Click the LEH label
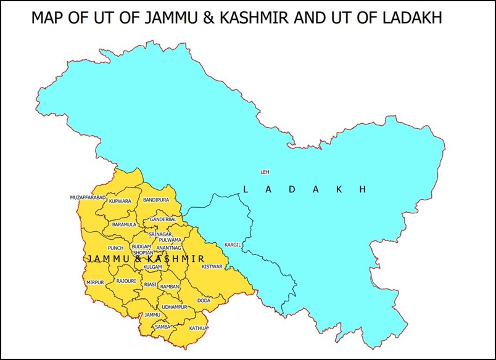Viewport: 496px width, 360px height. click(265, 171)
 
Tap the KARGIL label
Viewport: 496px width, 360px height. click(233, 245)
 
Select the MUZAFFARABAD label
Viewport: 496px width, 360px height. click(88, 198)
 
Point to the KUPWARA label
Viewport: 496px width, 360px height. click(120, 201)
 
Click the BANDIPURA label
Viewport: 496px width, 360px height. click(156, 200)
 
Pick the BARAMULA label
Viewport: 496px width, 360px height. click(125, 224)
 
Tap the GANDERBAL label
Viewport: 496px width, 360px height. click(163, 219)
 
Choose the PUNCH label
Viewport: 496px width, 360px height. click(115, 248)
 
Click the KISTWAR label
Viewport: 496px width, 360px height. click(212, 266)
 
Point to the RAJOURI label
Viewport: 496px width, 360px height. click(126, 281)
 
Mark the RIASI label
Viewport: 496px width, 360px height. click(151, 284)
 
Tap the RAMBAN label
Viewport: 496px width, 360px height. click(170, 287)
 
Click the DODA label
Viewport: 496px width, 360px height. click(204, 300)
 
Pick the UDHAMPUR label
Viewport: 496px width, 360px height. click(175, 306)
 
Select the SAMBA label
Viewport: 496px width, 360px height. click(163, 326)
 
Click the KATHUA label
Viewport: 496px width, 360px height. click(199, 328)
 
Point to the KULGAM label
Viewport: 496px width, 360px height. click(152, 267)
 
